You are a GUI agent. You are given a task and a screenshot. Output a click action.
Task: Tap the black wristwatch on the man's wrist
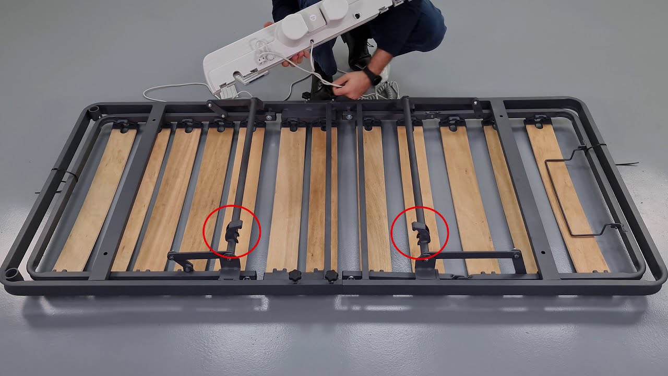click(x=372, y=76)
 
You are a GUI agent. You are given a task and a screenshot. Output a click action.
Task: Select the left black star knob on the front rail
click(x=295, y=275)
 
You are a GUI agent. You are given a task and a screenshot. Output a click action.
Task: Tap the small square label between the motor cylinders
click(x=313, y=17)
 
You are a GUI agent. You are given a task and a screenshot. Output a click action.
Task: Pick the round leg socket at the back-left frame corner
click(x=94, y=112)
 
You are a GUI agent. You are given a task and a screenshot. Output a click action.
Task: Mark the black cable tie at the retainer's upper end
click(x=595, y=148)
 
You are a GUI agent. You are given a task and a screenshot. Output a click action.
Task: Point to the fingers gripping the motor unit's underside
click(x=295, y=56)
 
